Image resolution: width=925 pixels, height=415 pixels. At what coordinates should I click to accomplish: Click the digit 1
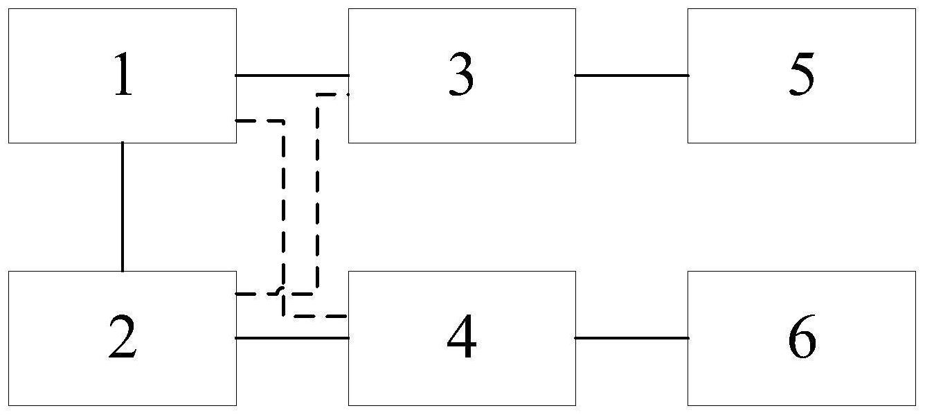click(x=123, y=75)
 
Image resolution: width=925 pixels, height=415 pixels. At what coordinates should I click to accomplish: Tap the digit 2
click(x=123, y=336)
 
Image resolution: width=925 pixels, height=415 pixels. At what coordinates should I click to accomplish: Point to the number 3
click(x=461, y=74)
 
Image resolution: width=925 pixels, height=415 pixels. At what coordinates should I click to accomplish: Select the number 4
click(x=462, y=336)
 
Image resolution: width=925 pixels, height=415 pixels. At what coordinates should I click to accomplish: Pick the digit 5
click(x=802, y=74)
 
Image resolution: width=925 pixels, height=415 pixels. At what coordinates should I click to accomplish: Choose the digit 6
click(x=802, y=336)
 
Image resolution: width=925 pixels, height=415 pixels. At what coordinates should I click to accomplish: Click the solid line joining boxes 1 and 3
click(x=292, y=76)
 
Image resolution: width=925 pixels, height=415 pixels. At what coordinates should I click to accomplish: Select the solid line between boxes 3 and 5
click(x=632, y=76)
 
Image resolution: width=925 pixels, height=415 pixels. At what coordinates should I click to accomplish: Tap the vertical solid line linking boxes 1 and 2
click(x=123, y=206)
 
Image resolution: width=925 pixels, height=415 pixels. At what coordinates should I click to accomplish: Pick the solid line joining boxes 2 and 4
click(x=292, y=338)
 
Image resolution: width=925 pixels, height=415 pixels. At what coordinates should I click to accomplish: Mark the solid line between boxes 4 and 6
click(x=632, y=338)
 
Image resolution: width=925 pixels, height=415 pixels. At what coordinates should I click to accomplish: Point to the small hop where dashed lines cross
click(x=282, y=290)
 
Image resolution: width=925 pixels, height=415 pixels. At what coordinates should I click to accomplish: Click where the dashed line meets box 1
click(x=236, y=121)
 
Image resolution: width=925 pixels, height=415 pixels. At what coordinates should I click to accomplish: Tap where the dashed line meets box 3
click(x=348, y=95)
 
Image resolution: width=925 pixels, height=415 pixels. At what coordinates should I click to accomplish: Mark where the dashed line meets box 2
click(x=236, y=294)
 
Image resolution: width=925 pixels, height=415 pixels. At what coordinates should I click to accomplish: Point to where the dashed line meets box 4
click(x=348, y=316)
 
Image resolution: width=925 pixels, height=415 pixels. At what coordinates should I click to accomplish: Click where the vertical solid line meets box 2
click(x=123, y=272)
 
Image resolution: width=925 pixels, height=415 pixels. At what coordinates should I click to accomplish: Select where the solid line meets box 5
click(x=688, y=76)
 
